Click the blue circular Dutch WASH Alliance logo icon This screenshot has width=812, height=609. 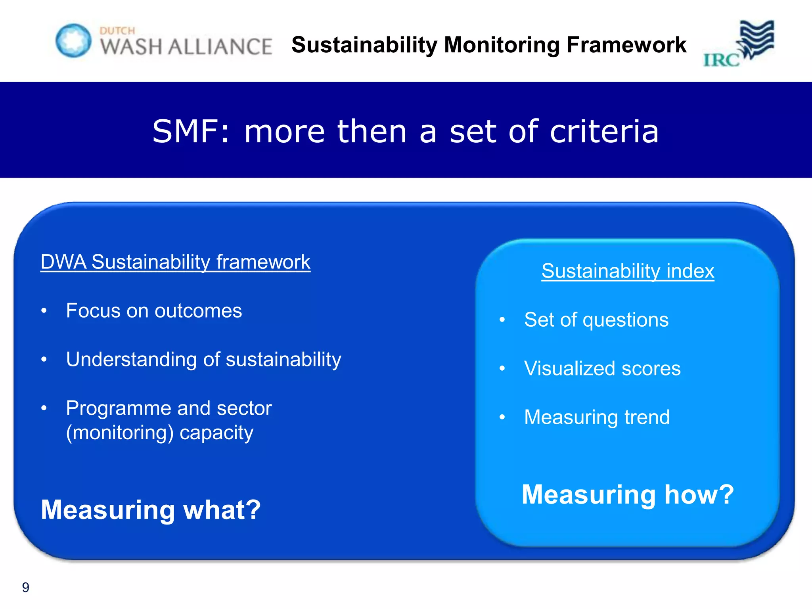point(73,40)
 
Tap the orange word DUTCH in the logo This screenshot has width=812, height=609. point(117,31)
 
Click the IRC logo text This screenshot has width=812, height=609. point(721,60)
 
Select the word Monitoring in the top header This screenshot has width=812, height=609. point(501,44)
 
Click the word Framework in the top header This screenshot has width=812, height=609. point(626,44)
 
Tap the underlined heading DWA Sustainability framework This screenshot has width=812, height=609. point(175,262)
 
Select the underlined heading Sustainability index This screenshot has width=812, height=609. point(628,271)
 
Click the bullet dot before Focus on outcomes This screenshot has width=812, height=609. point(44,310)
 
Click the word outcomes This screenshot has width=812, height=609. point(198,311)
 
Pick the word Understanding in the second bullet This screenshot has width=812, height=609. point(131,359)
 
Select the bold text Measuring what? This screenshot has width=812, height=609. point(151,510)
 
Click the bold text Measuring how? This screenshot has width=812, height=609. point(628,494)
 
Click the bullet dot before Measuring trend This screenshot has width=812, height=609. point(502,417)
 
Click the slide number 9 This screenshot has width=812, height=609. point(25,587)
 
